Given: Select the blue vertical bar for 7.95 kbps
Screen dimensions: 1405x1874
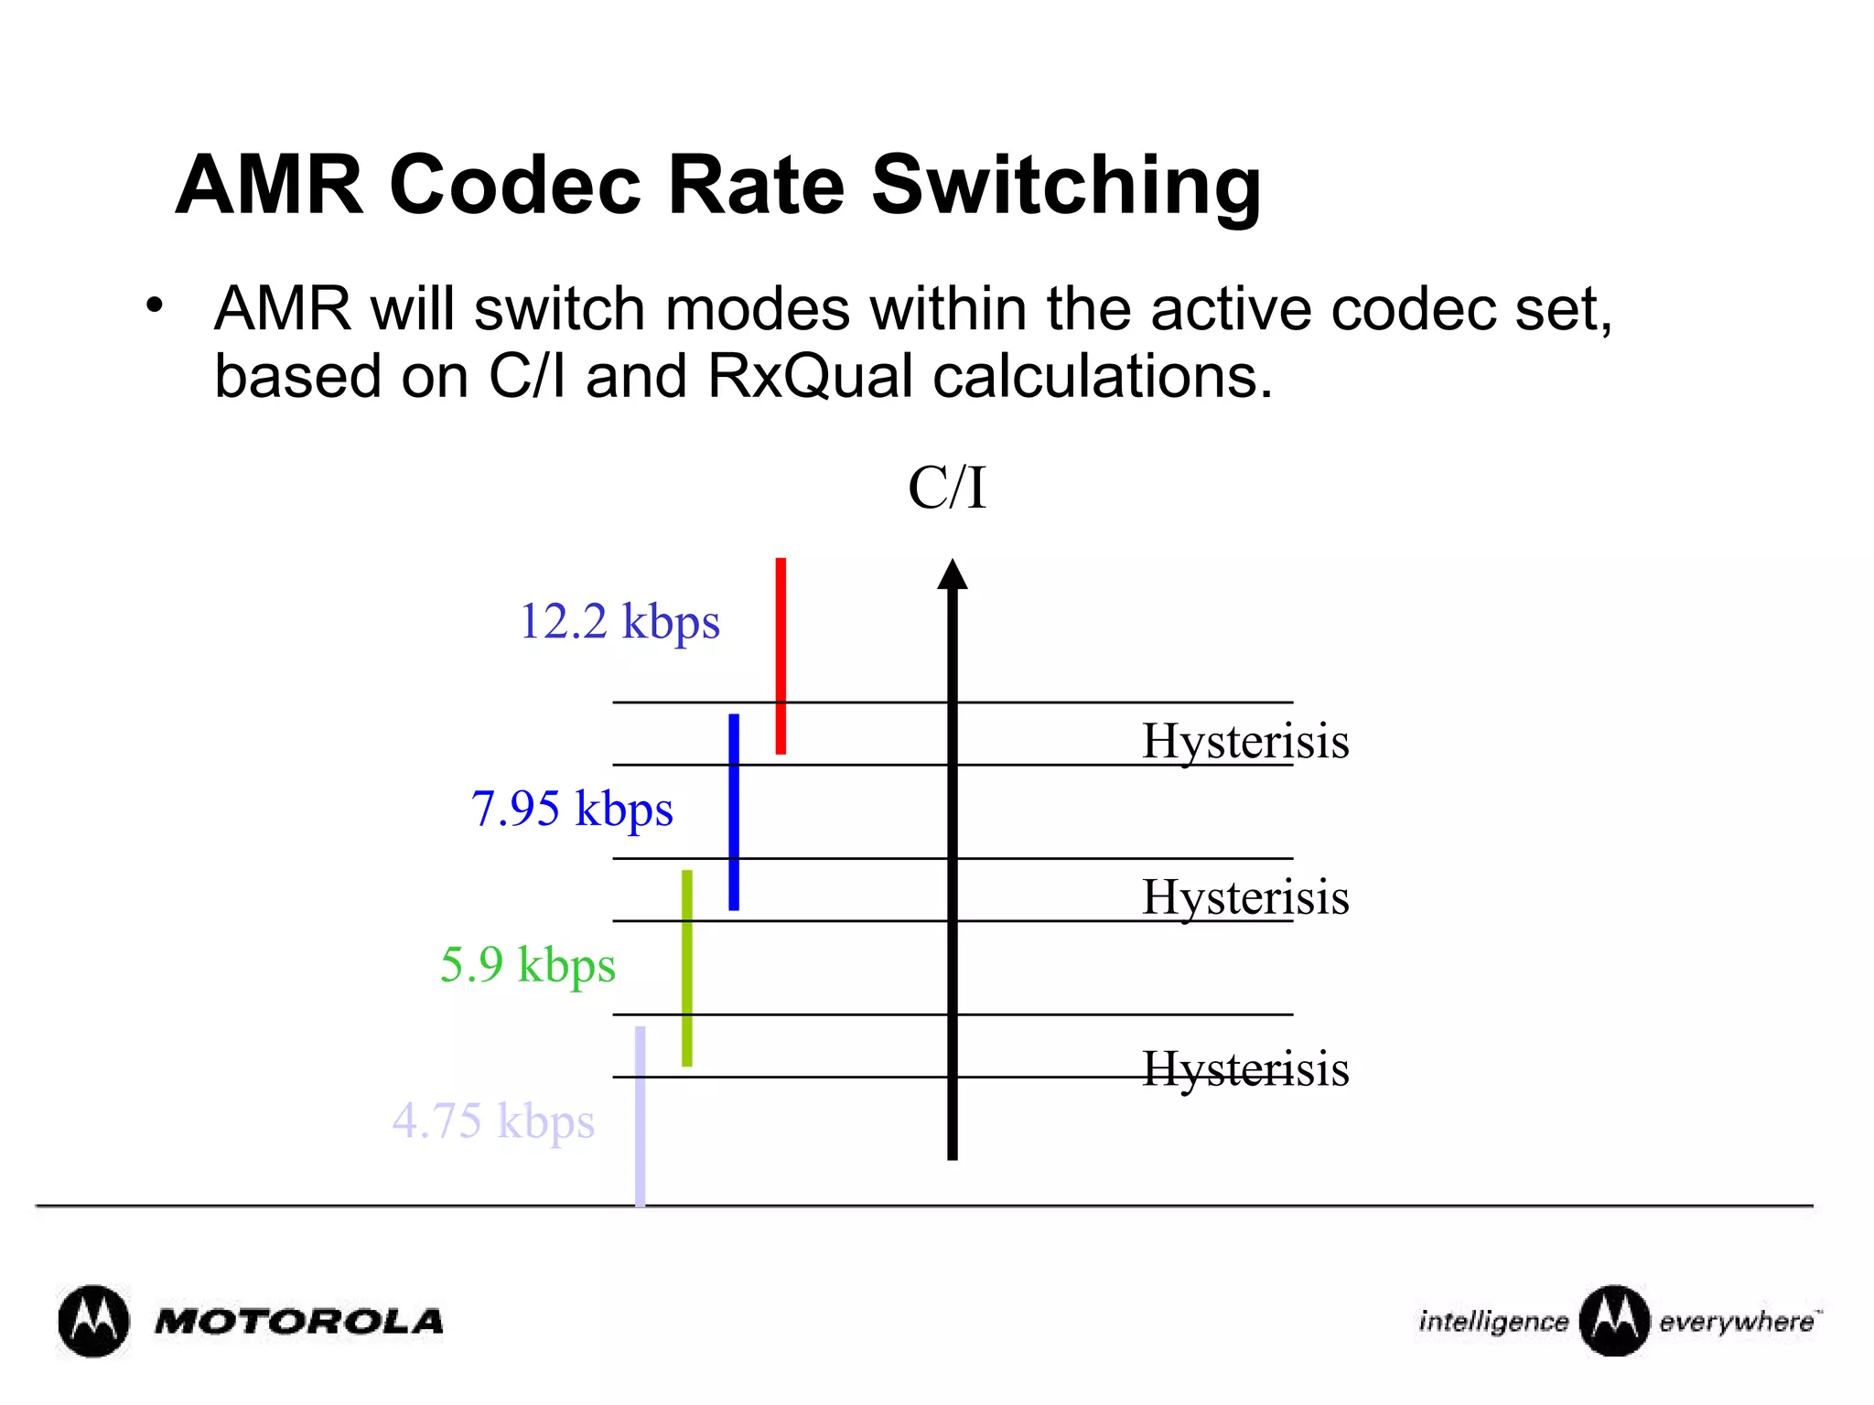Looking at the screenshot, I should [734, 811].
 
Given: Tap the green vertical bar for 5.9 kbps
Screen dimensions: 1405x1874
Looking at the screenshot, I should [687, 968].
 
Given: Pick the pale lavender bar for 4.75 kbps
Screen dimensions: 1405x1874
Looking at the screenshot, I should [641, 1116].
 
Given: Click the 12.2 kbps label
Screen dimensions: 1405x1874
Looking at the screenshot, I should [619, 622].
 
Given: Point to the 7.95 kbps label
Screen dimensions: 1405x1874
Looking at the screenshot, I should [572, 809].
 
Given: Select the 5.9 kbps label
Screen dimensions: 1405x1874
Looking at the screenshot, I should [528, 965].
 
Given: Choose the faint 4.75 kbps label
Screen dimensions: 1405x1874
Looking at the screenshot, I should [493, 1121].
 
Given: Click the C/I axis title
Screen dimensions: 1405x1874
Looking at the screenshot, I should [947, 488].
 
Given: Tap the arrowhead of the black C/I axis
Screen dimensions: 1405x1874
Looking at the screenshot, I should [953, 574].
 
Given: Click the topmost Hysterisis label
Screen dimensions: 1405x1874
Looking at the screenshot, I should [1245, 740].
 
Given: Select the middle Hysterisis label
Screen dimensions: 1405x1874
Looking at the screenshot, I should [1245, 896].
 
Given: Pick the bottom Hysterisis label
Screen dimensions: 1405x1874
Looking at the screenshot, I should [1245, 1068].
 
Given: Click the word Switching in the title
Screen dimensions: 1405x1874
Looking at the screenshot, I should [1066, 186].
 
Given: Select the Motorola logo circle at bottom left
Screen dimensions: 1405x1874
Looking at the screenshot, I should [93, 1321].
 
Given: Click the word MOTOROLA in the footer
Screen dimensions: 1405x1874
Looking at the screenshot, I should [299, 1322].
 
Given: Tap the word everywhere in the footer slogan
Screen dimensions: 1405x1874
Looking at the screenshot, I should [1737, 1323].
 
